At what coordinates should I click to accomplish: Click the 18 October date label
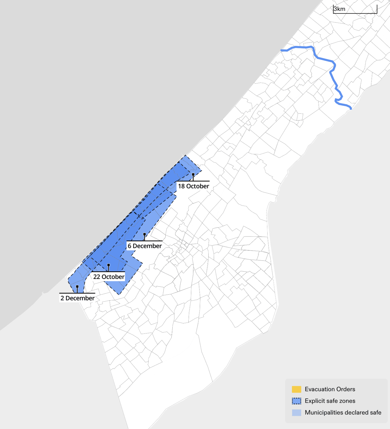point(193,186)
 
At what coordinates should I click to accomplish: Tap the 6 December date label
point(145,246)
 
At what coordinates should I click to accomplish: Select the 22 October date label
point(109,277)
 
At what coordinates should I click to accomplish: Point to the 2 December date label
point(77,298)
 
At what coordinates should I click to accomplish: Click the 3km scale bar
point(355,10)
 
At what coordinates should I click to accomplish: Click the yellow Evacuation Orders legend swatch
point(296,389)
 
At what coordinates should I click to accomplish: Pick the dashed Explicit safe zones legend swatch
point(296,401)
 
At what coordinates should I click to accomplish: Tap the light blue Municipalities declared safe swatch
point(296,413)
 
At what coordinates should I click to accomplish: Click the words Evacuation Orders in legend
point(330,389)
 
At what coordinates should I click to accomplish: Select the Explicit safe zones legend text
point(330,401)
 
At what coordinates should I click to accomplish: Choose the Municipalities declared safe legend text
point(343,413)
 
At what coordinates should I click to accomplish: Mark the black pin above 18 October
point(193,175)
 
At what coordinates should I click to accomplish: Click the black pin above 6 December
point(144,234)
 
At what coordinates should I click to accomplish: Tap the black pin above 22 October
point(108,265)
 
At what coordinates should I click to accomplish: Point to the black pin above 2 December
point(77,287)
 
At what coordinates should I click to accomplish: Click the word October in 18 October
point(198,186)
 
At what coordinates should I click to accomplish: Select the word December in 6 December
point(147,246)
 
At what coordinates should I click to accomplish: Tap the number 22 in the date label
point(96,277)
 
